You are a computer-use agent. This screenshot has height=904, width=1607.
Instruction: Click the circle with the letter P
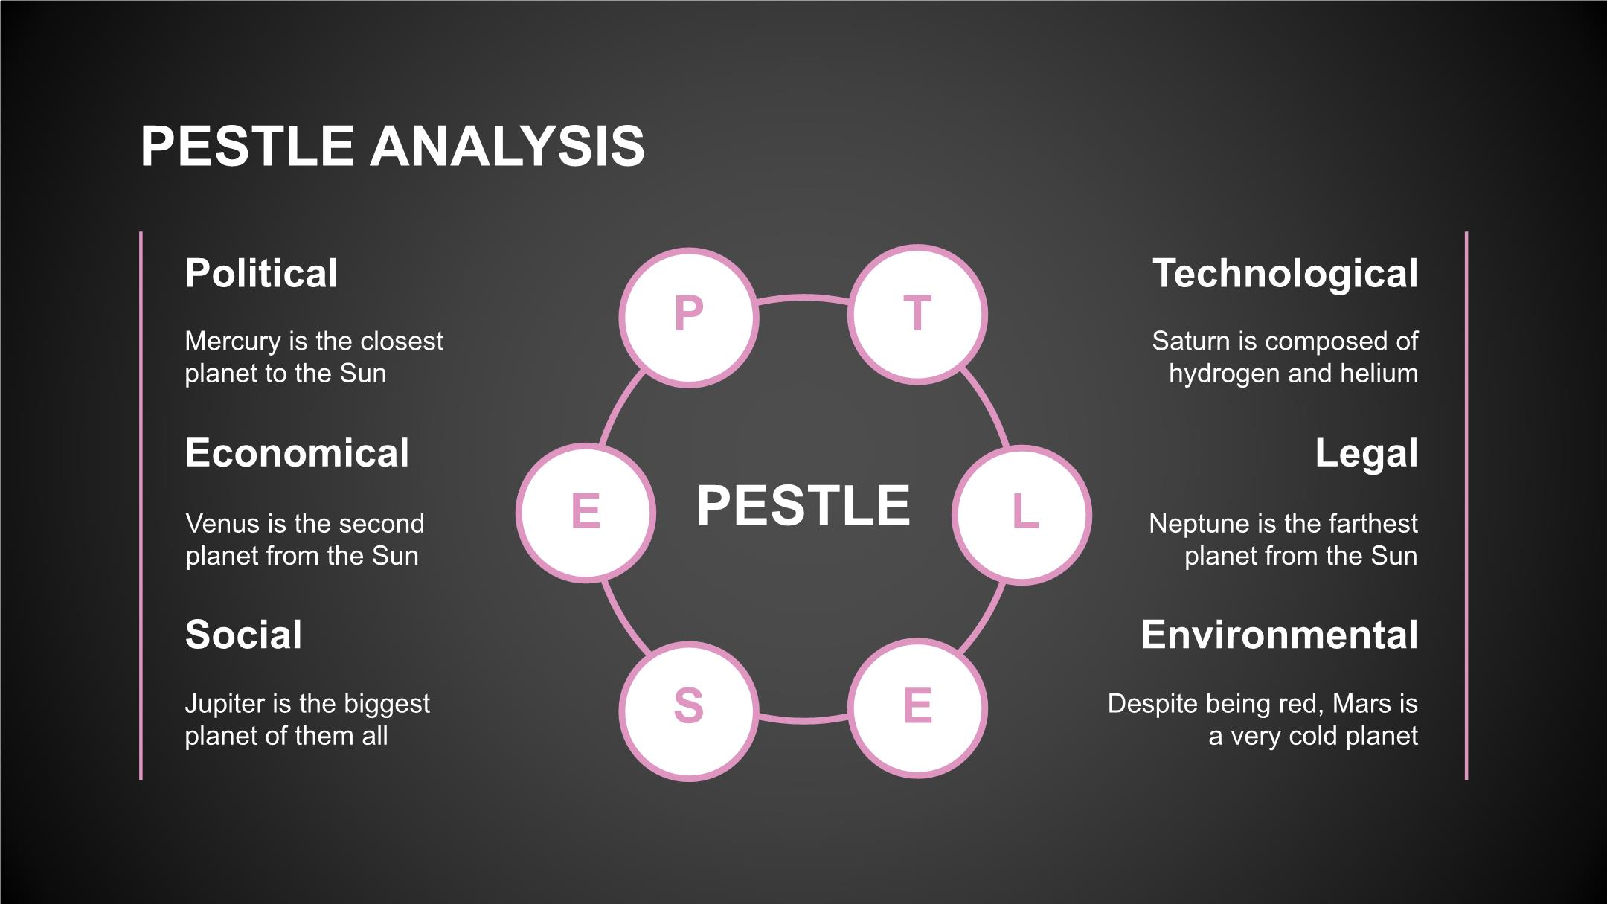coord(689,317)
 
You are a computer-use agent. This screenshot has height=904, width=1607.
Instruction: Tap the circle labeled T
coord(917,315)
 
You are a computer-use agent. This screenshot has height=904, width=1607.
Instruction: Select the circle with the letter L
coord(1022,515)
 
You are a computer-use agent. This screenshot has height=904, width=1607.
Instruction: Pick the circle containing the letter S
coord(689,711)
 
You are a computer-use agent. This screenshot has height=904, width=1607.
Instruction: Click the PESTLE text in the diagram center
coord(803,506)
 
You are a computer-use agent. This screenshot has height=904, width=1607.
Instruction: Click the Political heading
coord(261,273)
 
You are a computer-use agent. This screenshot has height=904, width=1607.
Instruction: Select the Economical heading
coord(297,453)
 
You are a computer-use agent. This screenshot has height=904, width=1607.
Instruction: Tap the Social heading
coord(243,635)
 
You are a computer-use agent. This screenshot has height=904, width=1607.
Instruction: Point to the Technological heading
coord(1285,273)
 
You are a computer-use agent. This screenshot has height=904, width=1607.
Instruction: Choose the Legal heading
coord(1366,453)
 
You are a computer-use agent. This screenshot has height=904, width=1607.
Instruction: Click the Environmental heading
coord(1279,635)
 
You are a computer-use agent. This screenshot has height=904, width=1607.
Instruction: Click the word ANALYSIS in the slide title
coord(507,146)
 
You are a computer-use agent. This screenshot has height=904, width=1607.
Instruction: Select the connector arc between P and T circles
coord(803,298)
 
